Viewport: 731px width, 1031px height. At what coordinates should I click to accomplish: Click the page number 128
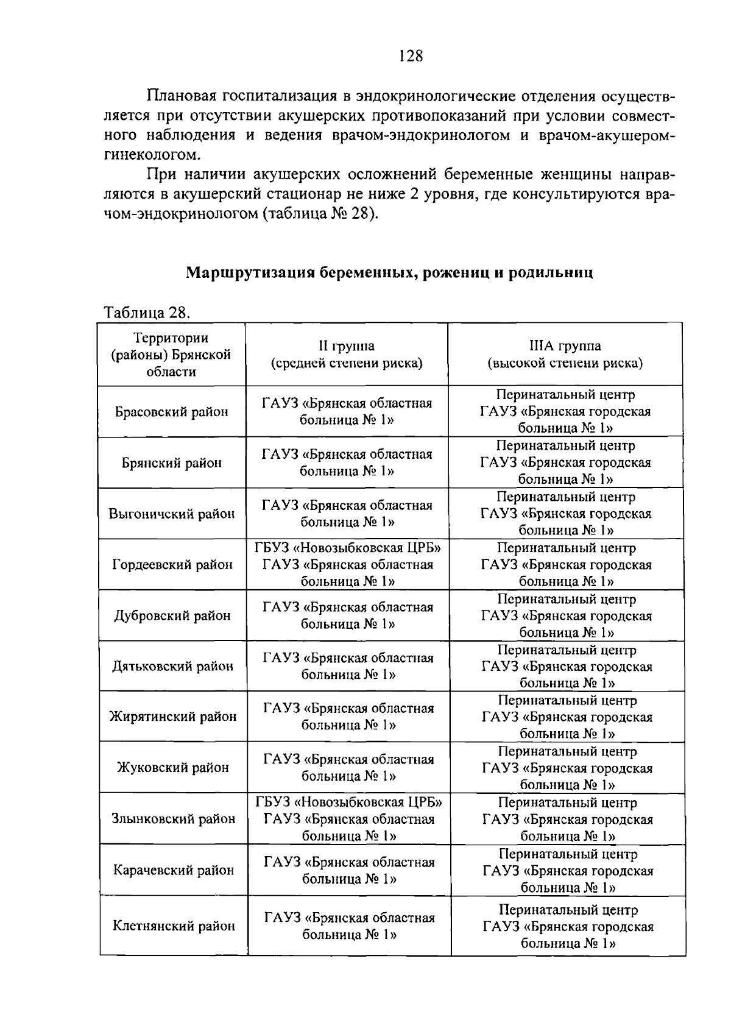(411, 57)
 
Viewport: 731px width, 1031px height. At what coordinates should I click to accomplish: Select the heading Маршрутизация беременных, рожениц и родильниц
(389, 272)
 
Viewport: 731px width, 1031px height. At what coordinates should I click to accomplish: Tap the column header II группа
(347, 355)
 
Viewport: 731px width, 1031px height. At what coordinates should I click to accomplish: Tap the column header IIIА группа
(565, 355)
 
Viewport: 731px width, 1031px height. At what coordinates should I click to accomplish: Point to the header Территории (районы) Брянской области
(171, 355)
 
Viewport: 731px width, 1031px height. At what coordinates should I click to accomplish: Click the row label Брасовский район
(172, 412)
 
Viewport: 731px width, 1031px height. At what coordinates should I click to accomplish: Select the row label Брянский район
(172, 463)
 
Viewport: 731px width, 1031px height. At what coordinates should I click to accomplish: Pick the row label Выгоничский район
(172, 514)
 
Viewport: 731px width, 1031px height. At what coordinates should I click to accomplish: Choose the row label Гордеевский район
(172, 565)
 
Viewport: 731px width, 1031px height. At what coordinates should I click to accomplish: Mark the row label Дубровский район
(172, 616)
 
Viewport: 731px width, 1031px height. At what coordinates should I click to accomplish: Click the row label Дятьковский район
(172, 667)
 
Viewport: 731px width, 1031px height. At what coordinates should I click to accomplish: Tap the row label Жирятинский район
(173, 717)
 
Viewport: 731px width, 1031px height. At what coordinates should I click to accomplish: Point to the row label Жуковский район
(173, 768)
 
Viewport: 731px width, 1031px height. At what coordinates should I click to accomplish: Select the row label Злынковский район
(173, 819)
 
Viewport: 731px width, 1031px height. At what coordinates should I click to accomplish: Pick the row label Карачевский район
(174, 870)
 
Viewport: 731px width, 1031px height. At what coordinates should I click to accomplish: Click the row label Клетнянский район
(174, 926)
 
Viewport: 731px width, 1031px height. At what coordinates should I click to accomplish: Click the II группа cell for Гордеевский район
(348, 565)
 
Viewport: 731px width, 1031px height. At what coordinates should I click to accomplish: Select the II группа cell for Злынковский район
(349, 819)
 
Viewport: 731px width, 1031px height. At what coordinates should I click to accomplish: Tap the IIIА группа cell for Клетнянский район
(568, 927)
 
